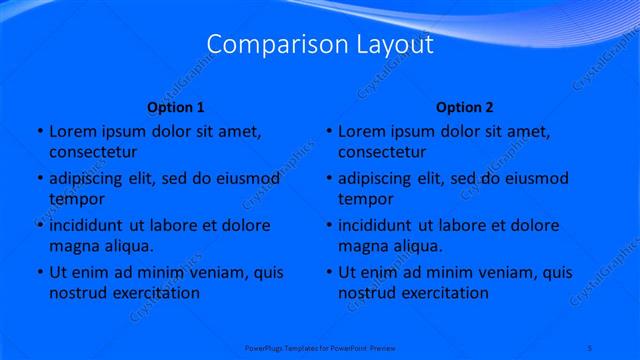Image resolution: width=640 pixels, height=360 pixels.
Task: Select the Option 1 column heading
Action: [176, 107]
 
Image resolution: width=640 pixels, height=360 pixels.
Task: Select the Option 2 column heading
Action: [465, 107]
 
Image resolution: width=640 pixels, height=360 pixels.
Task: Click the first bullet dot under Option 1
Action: [38, 131]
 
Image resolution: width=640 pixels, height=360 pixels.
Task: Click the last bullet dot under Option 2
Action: [328, 272]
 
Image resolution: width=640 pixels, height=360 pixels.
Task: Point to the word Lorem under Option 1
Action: [71, 131]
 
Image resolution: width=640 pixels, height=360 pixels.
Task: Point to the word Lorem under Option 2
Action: [361, 131]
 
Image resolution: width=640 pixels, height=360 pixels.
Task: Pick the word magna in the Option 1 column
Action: [73, 246]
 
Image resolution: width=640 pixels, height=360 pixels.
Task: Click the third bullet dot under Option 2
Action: [328, 225]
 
